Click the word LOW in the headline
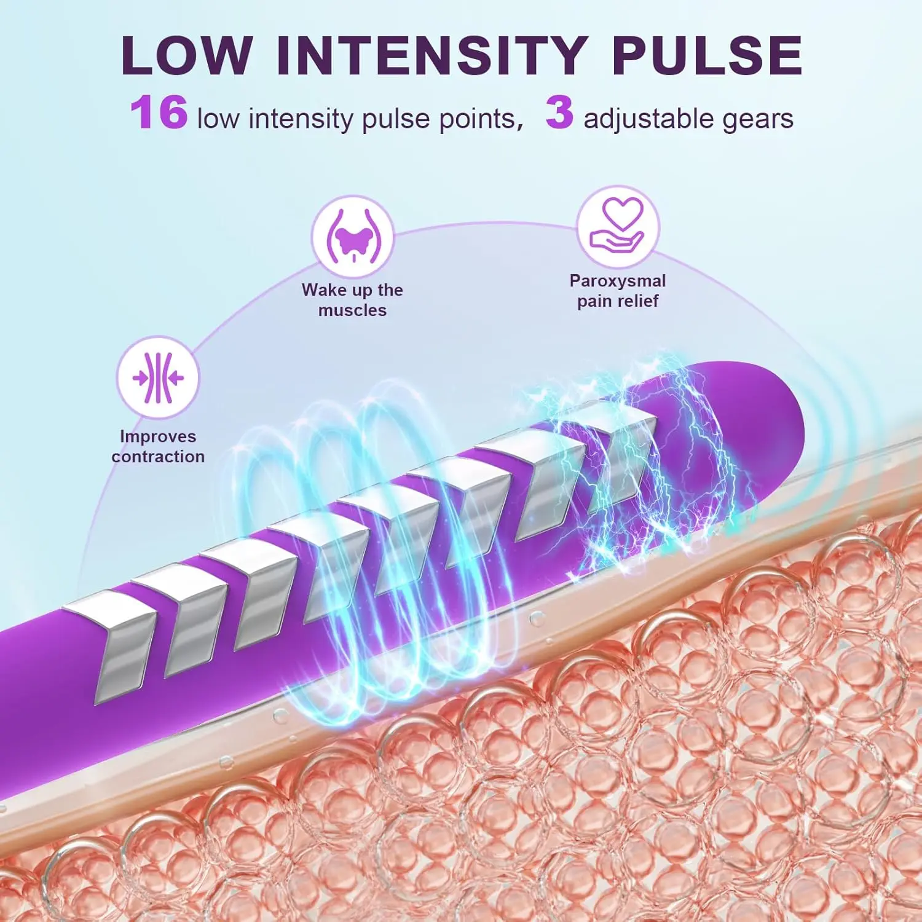187,55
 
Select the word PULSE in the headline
707,55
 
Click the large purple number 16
159,113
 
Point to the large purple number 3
559,113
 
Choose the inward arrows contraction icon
158,377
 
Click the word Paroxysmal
617,281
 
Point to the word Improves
158,436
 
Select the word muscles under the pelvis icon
352,310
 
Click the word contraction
158,457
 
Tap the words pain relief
617,301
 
